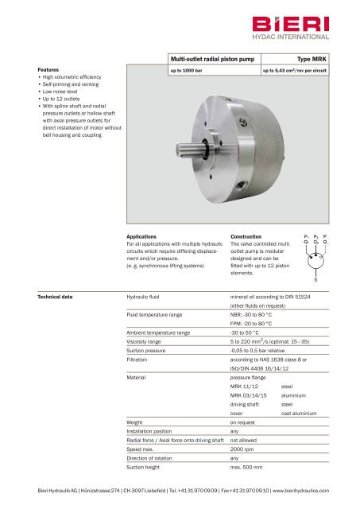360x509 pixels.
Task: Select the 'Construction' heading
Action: pos(246,236)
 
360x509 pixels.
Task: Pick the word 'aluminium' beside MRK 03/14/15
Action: pos(297,394)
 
